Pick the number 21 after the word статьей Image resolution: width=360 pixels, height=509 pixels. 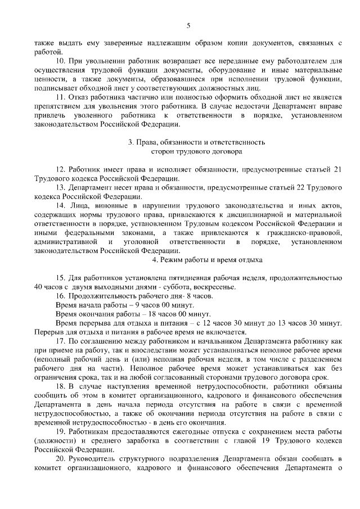coord(337,169)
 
